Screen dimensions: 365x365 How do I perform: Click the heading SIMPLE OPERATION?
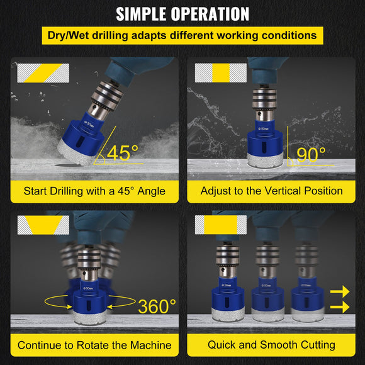pyautogui.click(x=182, y=14)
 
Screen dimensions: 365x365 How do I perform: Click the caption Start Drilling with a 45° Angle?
pyautogui.click(x=94, y=190)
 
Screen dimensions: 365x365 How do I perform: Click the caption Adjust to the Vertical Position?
pyautogui.click(x=271, y=190)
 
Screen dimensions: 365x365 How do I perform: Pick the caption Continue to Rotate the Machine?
pyautogui.click(x=94, y=345)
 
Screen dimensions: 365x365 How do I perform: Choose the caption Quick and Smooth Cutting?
pyautogui.click(x=271, y=345)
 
